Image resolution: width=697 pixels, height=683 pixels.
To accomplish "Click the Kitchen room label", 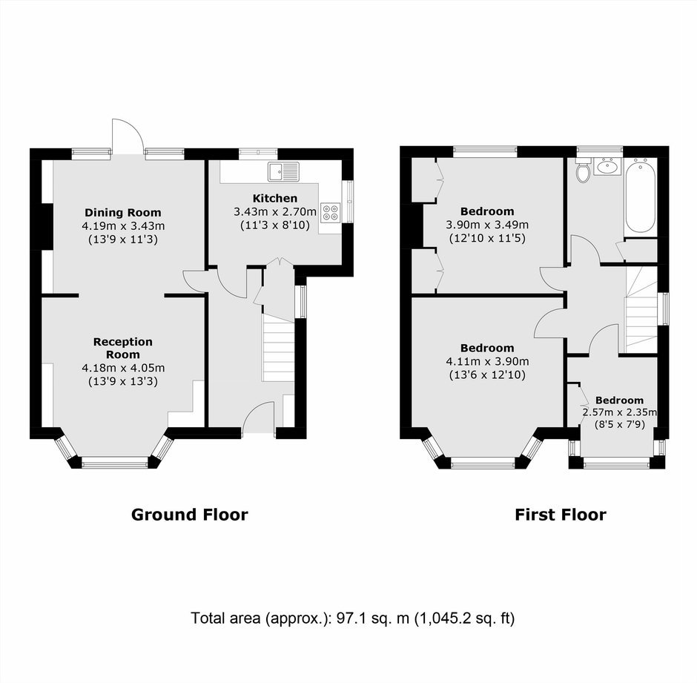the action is (274, 198).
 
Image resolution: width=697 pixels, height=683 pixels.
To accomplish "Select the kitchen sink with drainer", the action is (283, 171).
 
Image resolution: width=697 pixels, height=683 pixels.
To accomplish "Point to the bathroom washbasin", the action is (607, 166).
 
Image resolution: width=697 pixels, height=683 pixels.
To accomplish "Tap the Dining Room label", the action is (122, 213).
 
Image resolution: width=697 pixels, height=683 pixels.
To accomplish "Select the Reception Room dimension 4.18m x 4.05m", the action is (123, 368).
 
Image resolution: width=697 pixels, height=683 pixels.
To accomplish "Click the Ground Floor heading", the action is (189, 515).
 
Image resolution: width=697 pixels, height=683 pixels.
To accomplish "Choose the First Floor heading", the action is (560, 515).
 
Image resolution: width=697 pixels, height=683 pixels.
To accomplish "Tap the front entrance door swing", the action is (259, 417).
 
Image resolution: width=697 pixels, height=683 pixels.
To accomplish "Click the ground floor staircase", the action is (278, 348).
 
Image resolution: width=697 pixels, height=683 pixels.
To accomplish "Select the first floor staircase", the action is (641, 310).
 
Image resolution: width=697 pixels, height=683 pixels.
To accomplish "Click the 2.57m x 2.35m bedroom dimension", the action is (620, 412).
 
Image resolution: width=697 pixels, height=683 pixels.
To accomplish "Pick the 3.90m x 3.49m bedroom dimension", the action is (487, 225).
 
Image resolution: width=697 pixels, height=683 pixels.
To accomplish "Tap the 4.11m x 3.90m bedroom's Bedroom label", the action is (487, 348).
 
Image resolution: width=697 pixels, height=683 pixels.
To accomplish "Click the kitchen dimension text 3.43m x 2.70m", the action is (275, 211).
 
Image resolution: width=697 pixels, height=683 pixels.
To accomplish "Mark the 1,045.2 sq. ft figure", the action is (464, 618).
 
